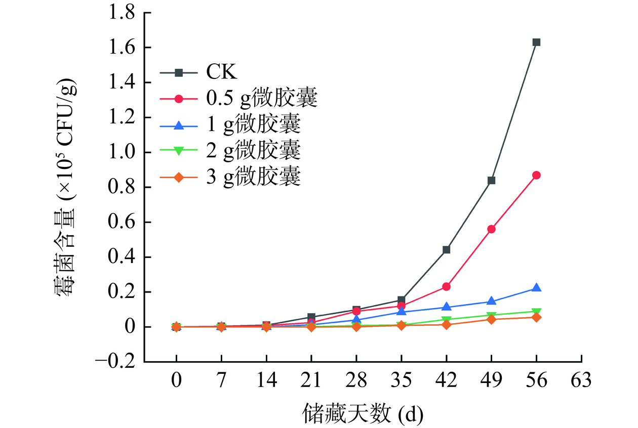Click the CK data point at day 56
536,42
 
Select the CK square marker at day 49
491,181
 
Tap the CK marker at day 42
446,250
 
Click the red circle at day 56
536,175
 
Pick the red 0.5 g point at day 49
491,229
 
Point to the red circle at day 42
446,287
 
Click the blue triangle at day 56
536,288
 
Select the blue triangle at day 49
491,301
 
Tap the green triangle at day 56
536,312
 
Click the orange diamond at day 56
536,317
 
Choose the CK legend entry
221,73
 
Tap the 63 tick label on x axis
581,380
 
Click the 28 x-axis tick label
356,380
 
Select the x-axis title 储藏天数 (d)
363,414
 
